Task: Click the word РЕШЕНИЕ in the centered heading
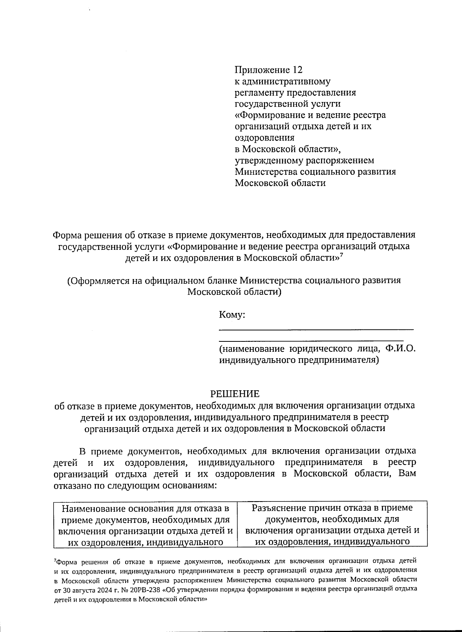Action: click(234, 394)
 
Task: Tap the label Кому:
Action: click(232, 315)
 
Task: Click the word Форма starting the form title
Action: click(67, 235)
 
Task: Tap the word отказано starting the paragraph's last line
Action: click(72, 485)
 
